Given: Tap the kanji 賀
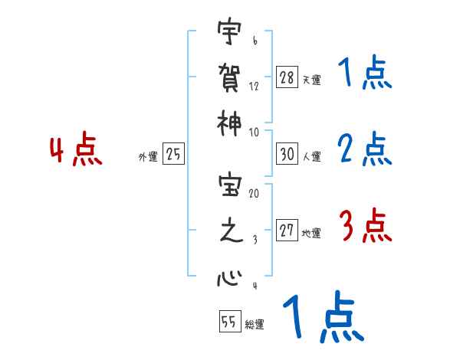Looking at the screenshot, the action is pyautogui.click(x=228, y=77).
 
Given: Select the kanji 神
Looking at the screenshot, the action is pyautogui.click(x=228, y=121).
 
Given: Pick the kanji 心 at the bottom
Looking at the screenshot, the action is pyautogui.click(x=228, y=277).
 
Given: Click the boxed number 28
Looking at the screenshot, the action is pyautogui.click(x=287, y=78).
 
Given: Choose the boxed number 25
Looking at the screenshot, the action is pyautogui.click(x=173, y=155).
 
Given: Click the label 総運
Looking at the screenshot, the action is pyautogui.click(x=254, y=324).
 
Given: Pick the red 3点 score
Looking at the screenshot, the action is pyautogui.click(x=365, y=227).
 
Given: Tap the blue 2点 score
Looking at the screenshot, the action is pyautogui.click(x=365, y=149).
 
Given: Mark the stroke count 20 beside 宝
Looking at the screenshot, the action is pyautogui.click(x=253, y=194).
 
